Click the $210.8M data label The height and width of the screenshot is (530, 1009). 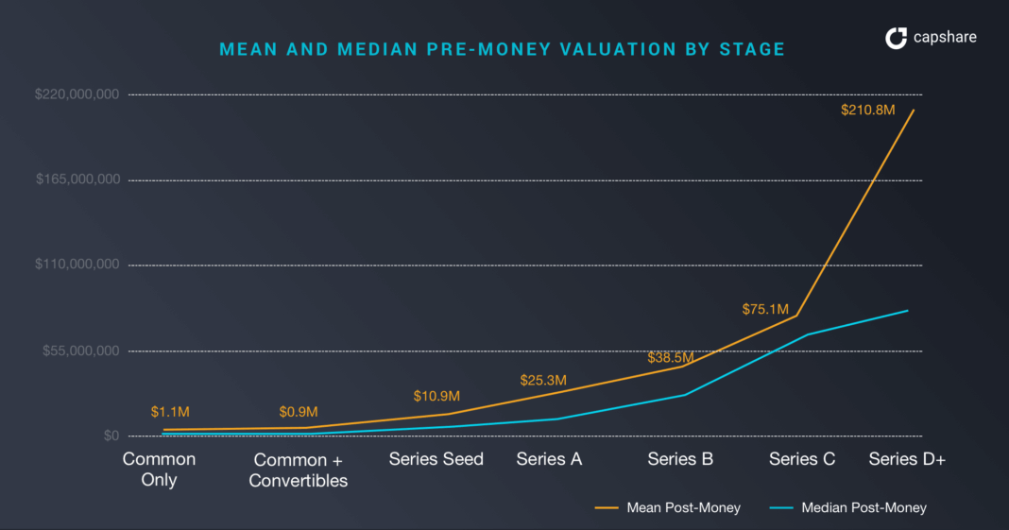[867, 110]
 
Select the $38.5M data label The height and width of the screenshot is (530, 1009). [671, 358]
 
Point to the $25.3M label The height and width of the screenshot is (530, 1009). [543, 381]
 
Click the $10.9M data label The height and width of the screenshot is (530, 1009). [436, 396]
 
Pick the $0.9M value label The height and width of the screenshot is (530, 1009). [299, 412]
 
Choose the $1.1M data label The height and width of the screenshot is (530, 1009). [171, 412]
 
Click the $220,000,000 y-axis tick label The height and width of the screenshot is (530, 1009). [77, 94]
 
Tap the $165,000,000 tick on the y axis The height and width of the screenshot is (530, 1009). [77, 180]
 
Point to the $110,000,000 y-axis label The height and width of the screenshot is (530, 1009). [77, 265]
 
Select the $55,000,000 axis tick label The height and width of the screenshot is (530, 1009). [81, 350]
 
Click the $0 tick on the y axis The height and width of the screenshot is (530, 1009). [111, 436]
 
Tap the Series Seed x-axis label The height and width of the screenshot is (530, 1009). [436, 459]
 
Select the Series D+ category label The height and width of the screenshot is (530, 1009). [907, 459]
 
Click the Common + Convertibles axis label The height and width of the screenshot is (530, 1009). [298, 470]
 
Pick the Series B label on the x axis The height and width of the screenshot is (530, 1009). [680, 459]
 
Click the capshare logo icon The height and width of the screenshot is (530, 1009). [896, 39]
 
